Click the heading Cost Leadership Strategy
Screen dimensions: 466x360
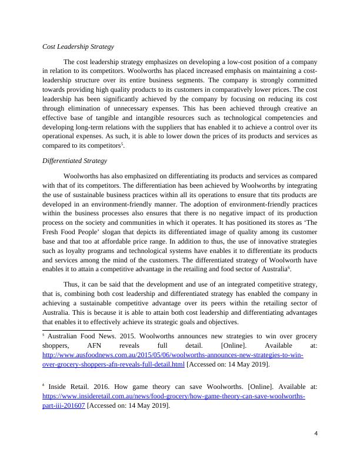(x=78, y=46)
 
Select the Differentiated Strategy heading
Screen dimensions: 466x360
(x=75, y=161)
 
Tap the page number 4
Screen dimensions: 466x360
(x=316, y=433)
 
